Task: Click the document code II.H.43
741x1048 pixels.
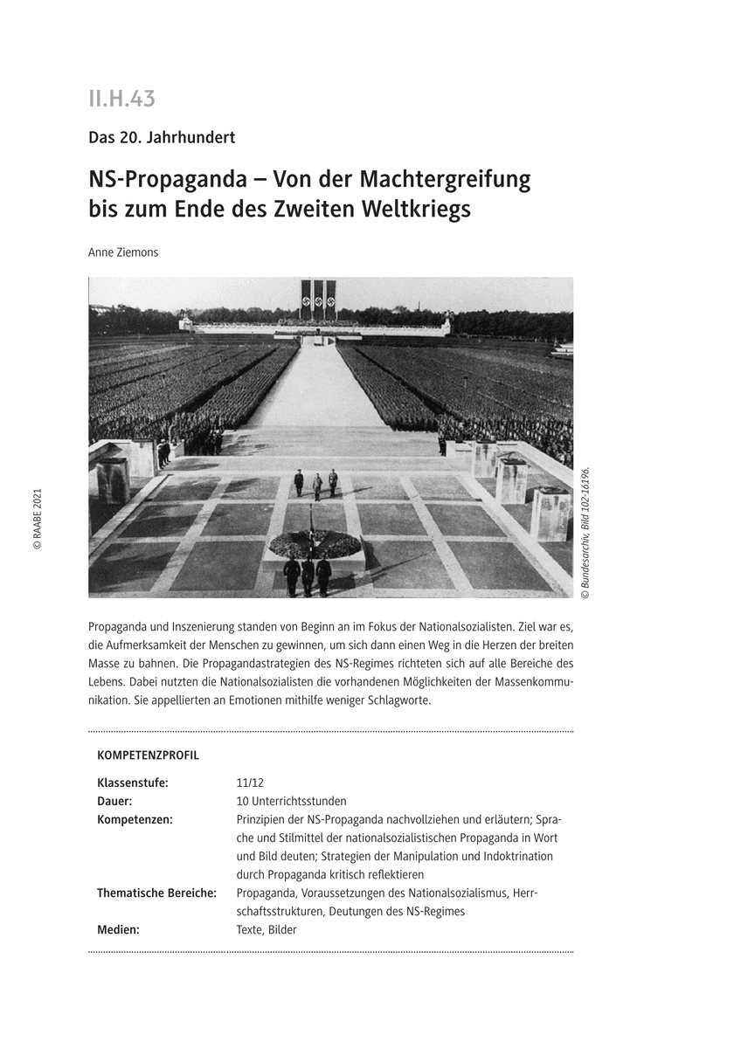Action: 121,100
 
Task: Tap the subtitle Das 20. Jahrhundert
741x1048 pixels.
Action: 162,137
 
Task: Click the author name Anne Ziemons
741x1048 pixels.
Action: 123,252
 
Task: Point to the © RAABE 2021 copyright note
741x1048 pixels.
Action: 38,519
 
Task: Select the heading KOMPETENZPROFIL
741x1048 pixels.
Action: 148,755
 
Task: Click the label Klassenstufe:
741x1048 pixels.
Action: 133,783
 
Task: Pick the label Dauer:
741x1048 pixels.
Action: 114,801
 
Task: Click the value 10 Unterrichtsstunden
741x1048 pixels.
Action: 291,801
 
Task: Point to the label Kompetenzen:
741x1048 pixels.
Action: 135,819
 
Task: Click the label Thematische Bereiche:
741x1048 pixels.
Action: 156,893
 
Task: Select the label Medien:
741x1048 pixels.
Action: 118,929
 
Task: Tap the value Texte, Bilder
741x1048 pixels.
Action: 267,929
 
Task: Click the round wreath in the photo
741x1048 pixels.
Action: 315,544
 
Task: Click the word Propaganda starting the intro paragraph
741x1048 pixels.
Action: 118,627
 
